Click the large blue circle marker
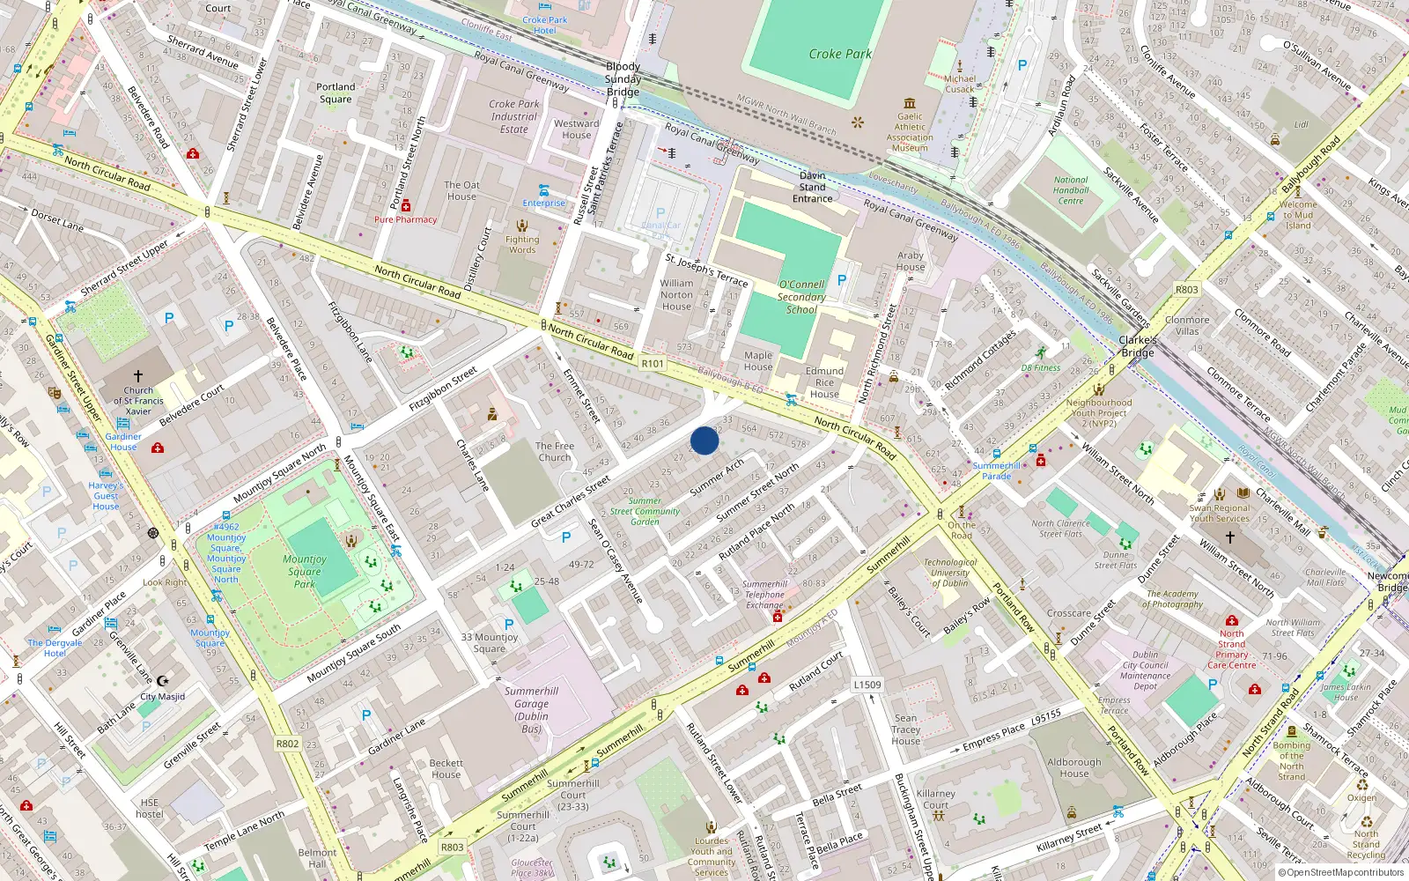(704, 440)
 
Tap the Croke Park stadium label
(840, 54)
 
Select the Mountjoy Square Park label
(305, 571)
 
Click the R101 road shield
(653, 364)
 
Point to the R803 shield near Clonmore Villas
(1186, 289)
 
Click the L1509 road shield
(867, 685)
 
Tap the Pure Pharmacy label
(405, 219)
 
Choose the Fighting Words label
(522, 244)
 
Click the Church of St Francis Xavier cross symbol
(138, 376)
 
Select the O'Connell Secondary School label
(801, 297)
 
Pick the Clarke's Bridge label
(1138, 345)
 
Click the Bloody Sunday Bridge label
(623, 78)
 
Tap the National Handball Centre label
(1071, 190)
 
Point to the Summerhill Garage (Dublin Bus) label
(531, 709)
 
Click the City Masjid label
(163, 696)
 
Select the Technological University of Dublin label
(949, 573)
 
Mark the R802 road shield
(287, 744)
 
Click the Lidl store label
(1301, 124)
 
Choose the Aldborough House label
(1074, 767)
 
